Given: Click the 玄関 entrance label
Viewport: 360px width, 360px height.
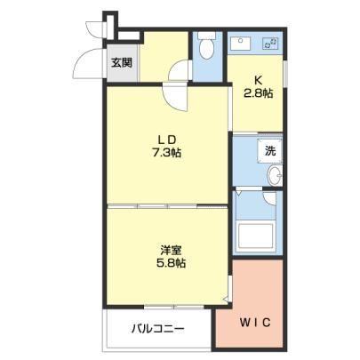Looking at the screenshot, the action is tap(122, 63).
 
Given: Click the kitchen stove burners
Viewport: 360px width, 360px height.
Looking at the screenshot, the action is tap(270, 44).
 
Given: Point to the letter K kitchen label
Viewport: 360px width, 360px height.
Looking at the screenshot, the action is tap(259, 80).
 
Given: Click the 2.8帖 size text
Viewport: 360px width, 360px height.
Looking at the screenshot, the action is tap(258, 93).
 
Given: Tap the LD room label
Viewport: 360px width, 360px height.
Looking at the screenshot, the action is tap(166, 139).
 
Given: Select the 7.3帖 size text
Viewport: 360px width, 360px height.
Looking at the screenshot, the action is tap(166, 153).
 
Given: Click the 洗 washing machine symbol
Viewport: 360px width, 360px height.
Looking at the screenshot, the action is tap(269, 151).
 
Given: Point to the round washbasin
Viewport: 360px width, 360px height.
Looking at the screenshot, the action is tap(275, 175).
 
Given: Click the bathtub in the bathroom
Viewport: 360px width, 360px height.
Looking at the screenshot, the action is tap(255, 236).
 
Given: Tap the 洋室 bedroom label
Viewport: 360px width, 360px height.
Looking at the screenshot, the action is tap(171, 251).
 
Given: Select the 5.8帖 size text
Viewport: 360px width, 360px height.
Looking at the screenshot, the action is tap(171, 262).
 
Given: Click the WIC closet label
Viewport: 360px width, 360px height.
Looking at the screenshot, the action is tap(255, 323).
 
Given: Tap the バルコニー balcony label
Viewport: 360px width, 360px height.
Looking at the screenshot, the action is tap(158, 329).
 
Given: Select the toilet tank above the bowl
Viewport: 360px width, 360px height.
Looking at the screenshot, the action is tap(206, 36).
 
